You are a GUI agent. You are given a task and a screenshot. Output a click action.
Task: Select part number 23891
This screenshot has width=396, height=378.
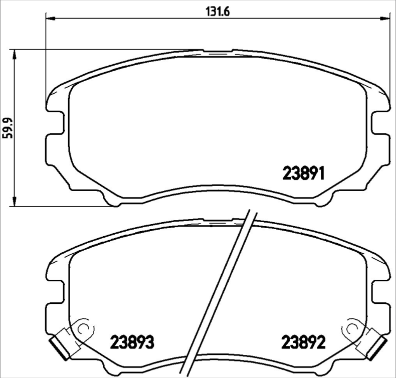coord(305,174)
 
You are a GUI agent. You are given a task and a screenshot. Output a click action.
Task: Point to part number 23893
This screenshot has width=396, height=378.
coord(131,343)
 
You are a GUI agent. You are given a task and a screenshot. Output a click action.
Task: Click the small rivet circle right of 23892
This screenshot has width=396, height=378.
coord(351,329)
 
